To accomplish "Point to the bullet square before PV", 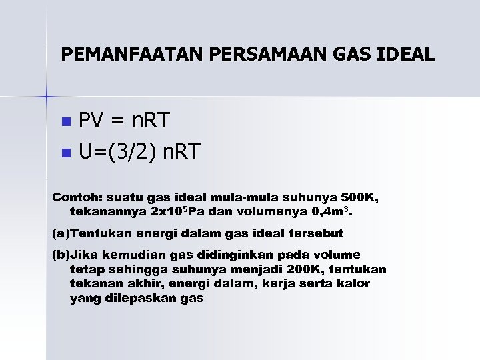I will click(x=65, y=123).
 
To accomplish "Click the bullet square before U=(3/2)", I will click(x=65, y=153).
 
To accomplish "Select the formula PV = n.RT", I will click(x=125, y=121).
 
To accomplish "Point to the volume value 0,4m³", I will click(x=336, y=212).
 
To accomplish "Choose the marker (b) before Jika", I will click(x=61, y=255).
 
